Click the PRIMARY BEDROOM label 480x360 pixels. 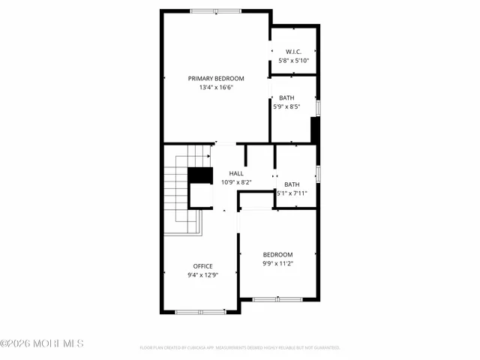coord(216,78)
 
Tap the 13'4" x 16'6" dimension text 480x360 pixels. coord(216,88)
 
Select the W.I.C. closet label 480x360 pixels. coord(292,51)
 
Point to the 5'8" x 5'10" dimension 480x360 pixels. coord(292,60)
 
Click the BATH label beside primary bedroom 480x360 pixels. coord(286,98)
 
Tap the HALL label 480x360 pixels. coord(236,172)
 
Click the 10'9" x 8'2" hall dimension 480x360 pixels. coord(236,181)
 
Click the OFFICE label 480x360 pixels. coord(202,266)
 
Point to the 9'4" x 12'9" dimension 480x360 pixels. coord(202,275)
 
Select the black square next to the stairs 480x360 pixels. coord(199,175)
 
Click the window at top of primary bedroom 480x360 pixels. coord(216,11)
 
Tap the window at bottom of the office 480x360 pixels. coord(200,311)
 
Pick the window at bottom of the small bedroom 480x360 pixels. coord(276,299)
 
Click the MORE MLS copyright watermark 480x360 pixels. coord(42,344)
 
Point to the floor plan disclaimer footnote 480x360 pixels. coord(240,348)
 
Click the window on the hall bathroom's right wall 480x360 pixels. coord(318,173)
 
